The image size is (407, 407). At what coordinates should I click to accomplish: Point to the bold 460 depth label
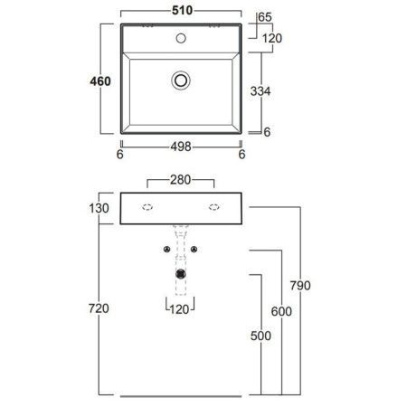pyautogui.click(x=99, y=82)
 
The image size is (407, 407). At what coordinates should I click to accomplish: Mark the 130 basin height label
pyautogui.click(x=99, y=209)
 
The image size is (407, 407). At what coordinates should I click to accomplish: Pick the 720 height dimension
pyautogui.click(x=99, y=309)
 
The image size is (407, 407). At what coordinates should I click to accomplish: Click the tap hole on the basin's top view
pyautogui.click(x=181, y=40)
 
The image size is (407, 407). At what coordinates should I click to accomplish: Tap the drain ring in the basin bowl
pyautogui.click(x=181, y=81)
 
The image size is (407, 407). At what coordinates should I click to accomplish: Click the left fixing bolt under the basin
pyautogui.click(x=166, y=249)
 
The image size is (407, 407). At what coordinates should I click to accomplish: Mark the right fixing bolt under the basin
pyautogui.click(x=195, y=249)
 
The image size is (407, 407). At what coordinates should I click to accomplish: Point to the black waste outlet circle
pyautogui.click(x=182, y=272)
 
